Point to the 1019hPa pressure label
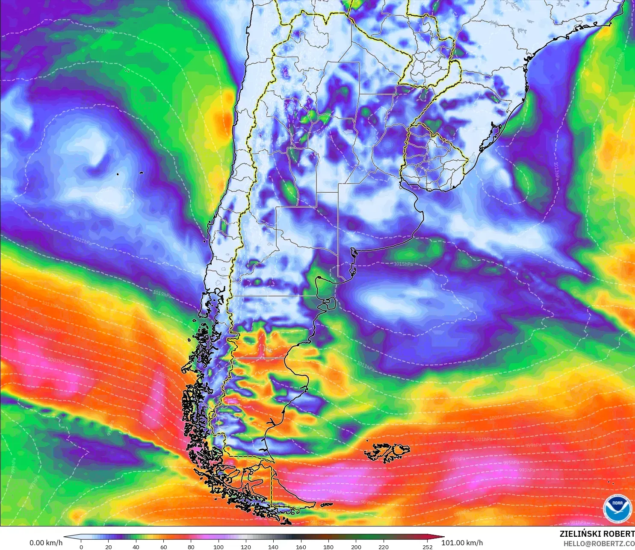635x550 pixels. pyautogui.click(x=162, y=294)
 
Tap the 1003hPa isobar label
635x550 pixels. pyautogui.click(x=57, y=361)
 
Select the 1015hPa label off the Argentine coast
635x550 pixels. pyautogui.click(x=403, y=264)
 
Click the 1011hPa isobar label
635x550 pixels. pyautogui.click(x=366, y=366)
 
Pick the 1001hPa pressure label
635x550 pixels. pyautogui.click(x=483, y=439)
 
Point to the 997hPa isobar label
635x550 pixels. pyautogui.click(x=457, y=459)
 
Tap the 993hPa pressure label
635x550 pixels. pyautogui.click(x=527, y=470)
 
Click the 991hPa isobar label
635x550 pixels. pyautogui.click(x=337, y=492)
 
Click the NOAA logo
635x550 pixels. pyautogui.click(x=617, y=508)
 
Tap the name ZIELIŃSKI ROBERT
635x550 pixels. pyautogui.click(x=597, y=534)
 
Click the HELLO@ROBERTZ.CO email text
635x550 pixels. pyautogui.click(x=599, y=544)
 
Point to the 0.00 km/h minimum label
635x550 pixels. pyautogui.click(x=46, y=543)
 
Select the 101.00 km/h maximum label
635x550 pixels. pyautogui.click(x=462, y=543)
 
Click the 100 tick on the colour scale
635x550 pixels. pyautogui.click(x=218, y=547)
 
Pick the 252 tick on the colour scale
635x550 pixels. pyautogui.click(x=427, y=547)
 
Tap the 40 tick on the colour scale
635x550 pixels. pyautogui.click(x=136, y=547)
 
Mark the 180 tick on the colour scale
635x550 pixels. pyautogui.click(x=328, y=547)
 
